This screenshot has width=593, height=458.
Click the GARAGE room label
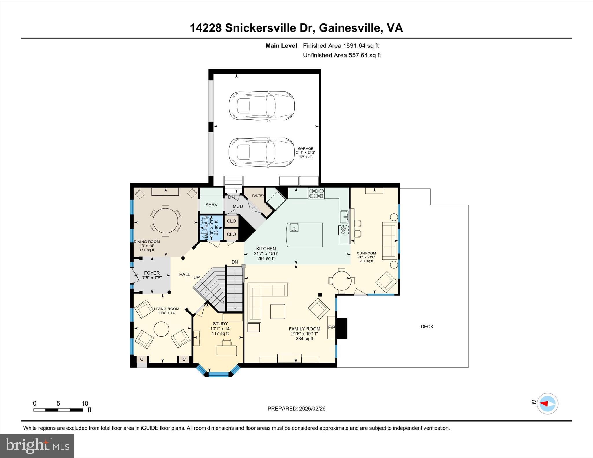305,148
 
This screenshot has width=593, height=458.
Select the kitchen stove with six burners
316,193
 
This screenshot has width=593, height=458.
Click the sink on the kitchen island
294,228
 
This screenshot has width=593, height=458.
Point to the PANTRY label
258,196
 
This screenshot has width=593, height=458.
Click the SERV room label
211,205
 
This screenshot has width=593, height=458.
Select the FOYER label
152,273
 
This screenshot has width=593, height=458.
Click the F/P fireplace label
332,327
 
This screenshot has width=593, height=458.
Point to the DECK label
427,326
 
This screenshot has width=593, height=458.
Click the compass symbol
547,403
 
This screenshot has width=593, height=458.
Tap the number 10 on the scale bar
85,403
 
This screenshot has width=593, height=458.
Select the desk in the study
226,351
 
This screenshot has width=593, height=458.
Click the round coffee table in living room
161,329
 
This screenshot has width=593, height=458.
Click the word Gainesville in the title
350,28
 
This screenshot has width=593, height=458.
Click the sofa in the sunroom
389,241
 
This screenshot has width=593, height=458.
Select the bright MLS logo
37,446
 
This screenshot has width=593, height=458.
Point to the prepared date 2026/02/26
312,409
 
